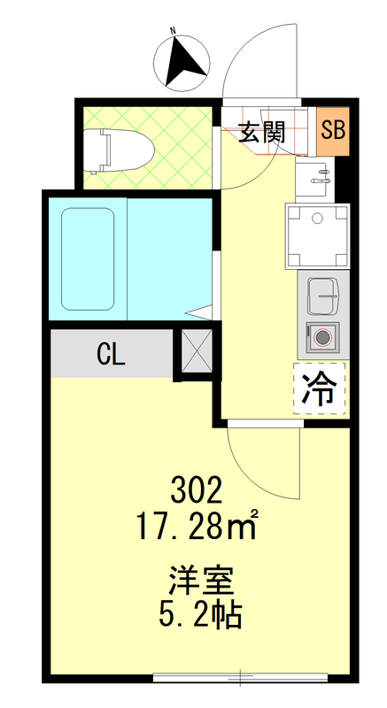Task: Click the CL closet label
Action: pyautogui.click(x=112, y=354)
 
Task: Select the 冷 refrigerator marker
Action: pyautogui.click(x=319, y=388)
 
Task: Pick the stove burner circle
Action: pyautogui.click(x=321, y=338)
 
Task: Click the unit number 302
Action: pyautogui.click(x=196, y=489)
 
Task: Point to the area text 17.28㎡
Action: pyautogui.click(x=196, y=528)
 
